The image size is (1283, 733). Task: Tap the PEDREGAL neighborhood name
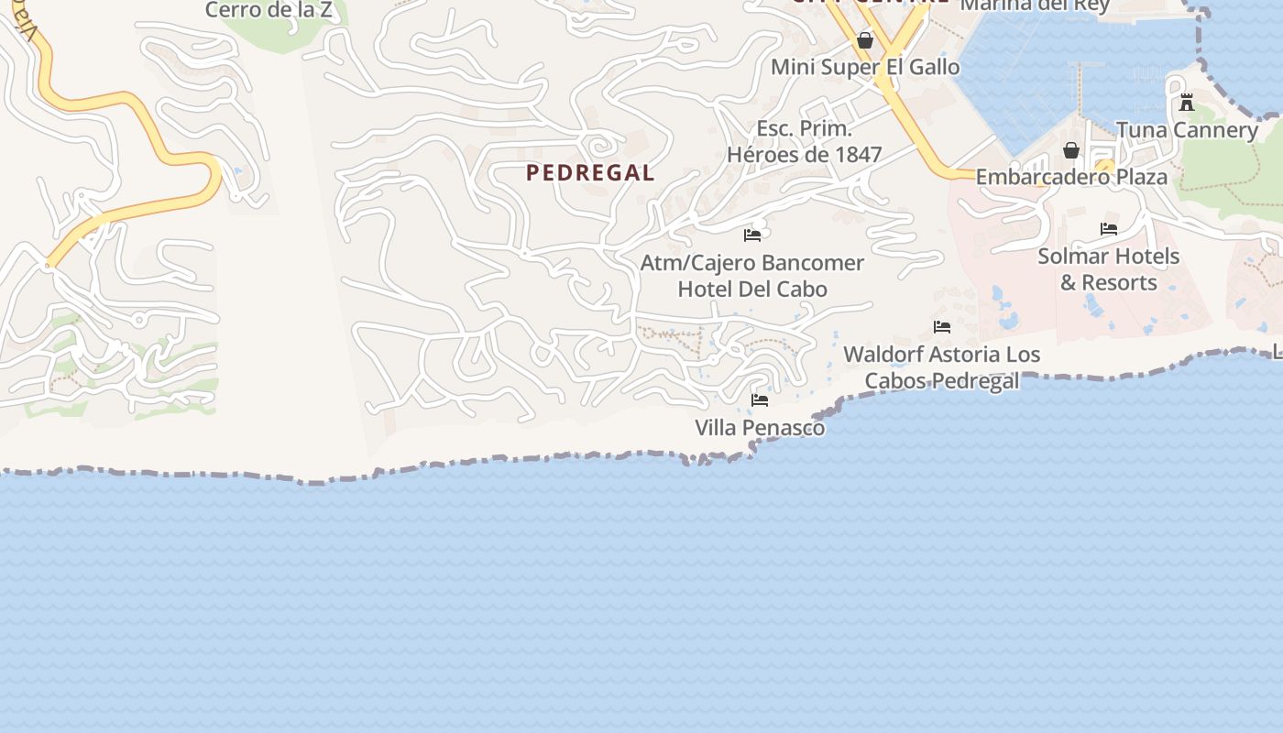[x=590, y=172]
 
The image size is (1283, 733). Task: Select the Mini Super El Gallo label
[x=865, y=67]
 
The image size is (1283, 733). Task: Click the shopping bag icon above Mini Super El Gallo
[x=864, y=40]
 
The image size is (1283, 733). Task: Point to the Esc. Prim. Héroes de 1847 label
[x=804, y=141]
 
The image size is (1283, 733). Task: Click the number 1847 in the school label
[x=857, y=155]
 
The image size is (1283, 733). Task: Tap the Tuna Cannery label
[x=1187, y=130]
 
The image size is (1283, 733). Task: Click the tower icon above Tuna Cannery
[x=1187, y=102]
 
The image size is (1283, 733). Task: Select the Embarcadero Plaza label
[x=1071, y=177]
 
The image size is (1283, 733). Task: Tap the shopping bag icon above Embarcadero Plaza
[x=1070, y=149]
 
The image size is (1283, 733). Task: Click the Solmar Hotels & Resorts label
[x=1109, y=269]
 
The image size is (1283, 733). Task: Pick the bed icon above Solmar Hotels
[x=1109, y=229]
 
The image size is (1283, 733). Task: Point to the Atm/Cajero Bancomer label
[x=751, y=263]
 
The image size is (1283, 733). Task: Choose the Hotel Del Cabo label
[x=752, y=290]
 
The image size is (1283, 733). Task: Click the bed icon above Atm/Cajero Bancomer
[x=752, y=235]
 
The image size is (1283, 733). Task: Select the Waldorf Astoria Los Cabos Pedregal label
[x=942, y=366]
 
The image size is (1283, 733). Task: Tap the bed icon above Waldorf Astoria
[x=942, y=327]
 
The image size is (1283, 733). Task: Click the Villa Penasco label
[x=760, y=428]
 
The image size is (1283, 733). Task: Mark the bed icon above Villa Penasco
[x=760, y=400]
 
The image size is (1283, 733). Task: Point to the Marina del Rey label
[x=1035, y=5]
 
